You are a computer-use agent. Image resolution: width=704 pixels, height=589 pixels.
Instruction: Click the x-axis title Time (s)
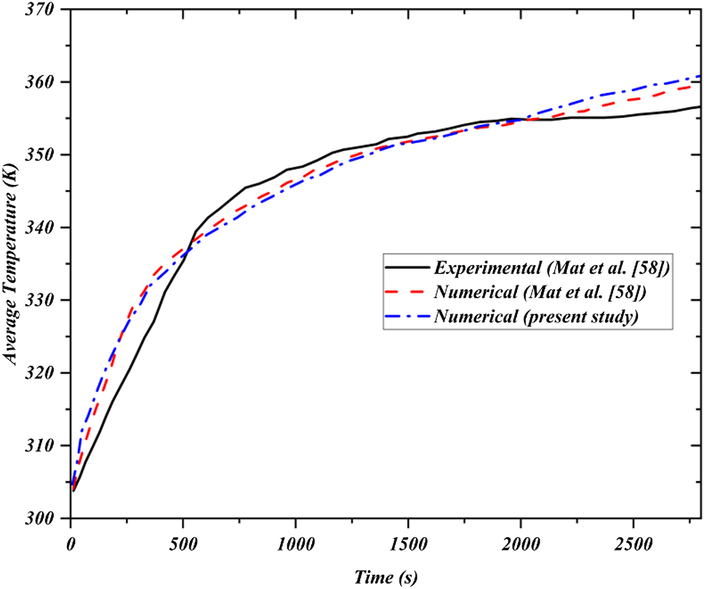pyautogui.click(x=385, y=577)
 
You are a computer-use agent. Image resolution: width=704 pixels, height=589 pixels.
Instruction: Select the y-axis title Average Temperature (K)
pyautogui.click(x=12, y=264)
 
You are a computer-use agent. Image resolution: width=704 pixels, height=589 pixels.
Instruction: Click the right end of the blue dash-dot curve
pyautogui.click(x=701, y=76)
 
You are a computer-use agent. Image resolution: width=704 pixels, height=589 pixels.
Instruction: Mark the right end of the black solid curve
pyautogui.click(x=701, y=106)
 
